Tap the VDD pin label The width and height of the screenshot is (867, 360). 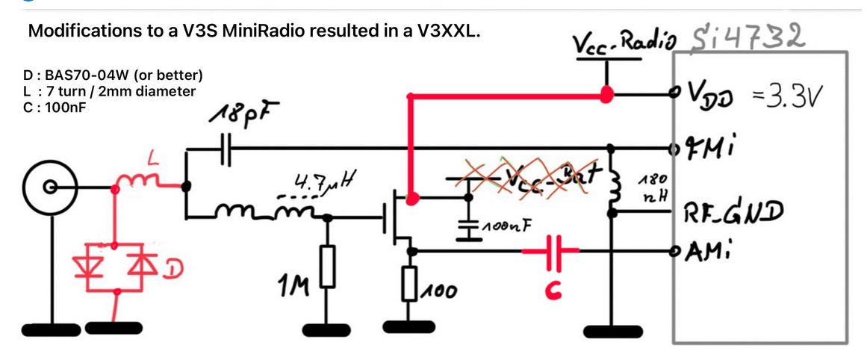point(717,96)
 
